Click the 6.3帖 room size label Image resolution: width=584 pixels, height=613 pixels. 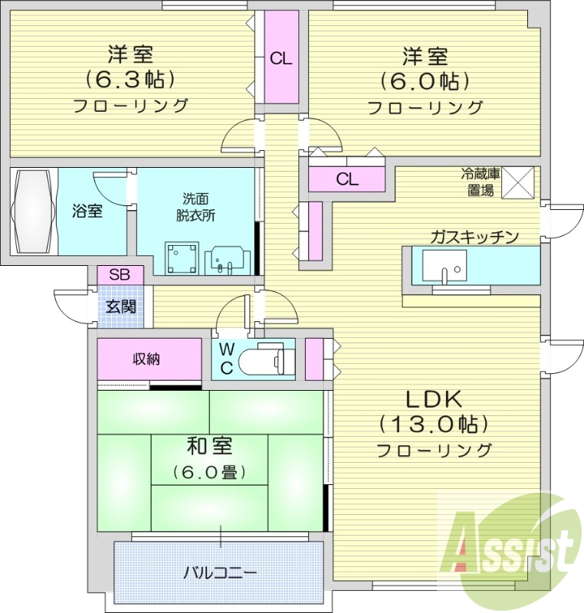coord(130,80)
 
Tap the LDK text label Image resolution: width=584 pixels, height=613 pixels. coord(434,398)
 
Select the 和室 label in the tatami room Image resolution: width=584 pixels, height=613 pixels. coord(210,446)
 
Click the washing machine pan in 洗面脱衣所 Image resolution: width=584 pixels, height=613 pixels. coord(182,257)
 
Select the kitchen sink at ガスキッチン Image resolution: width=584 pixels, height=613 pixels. coord(445,266)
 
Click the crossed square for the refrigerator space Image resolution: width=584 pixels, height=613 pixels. coord(517,182)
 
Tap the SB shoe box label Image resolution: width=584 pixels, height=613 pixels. coord(120,275)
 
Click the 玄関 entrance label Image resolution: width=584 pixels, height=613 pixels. coord(121,306)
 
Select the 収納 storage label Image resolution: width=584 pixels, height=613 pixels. coord(146,359)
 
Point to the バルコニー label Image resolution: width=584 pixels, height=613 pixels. coord(221,573)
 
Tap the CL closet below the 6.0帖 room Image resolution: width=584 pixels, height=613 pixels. coord(346,179)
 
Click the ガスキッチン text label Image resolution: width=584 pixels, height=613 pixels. coord(474,237)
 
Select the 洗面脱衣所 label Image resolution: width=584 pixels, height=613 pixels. coord(195,207)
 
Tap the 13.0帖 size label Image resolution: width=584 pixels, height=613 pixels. coord(434,424)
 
